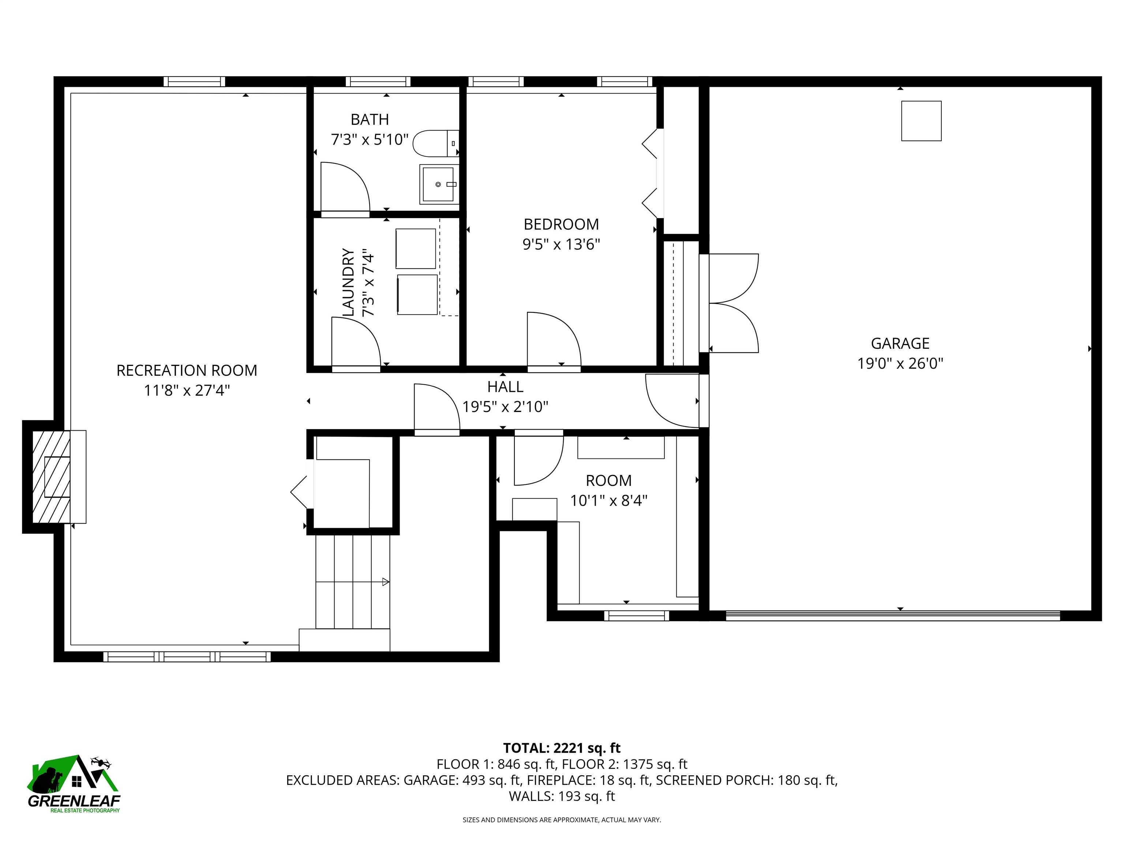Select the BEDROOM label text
click(x=561, y=224)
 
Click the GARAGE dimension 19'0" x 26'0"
click(x=900, y=363)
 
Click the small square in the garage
click(x=921, y=121)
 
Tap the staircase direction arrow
click(x=385, y=582)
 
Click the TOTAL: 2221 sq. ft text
click(x=562, y=748)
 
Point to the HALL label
click(x=505, y=387)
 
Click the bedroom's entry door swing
click(x=553, y=338)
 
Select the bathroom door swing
click(x=344, y=187)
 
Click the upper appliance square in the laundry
click(x=415, y=248)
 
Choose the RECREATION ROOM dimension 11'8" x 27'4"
click(x=187, y=390)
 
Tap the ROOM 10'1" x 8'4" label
click(x=608, y=490)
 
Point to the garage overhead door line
click(x=892, y=616)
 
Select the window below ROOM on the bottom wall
click(x=636, y=616)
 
